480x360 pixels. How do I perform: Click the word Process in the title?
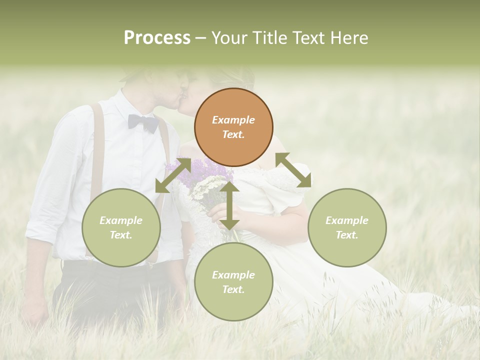[157, 38]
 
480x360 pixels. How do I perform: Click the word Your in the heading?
[230, 38]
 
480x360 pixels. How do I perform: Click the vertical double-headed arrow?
[229, 205]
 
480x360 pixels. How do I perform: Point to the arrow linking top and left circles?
[173, 175]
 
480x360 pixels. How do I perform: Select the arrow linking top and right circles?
[293, 170]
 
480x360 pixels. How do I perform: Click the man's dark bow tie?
[143, 122]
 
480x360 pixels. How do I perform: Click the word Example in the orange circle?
[233, 120]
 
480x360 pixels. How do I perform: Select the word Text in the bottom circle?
[233, 289]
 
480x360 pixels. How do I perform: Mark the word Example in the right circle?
[347, 220]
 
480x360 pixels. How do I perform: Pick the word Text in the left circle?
[121, 235]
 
